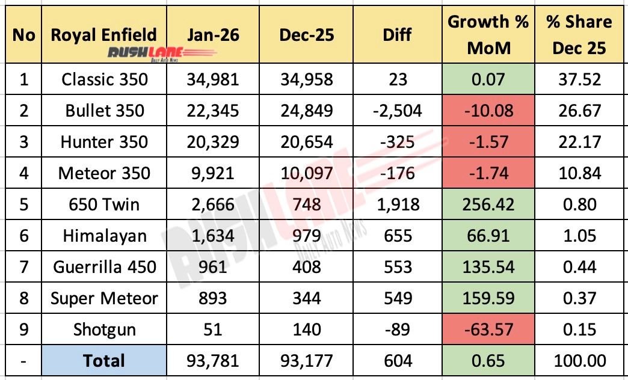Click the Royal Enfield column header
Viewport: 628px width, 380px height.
104,34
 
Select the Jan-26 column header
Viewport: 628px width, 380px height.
204,35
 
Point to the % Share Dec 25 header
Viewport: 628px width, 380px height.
579,34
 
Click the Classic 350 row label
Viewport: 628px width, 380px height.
104,79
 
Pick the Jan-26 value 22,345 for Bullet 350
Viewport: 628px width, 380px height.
204,111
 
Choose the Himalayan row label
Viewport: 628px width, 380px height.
104,236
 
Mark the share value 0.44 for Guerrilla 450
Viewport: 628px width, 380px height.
579,267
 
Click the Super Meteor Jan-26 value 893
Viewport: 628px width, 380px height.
204,298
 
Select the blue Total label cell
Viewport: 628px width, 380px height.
104,361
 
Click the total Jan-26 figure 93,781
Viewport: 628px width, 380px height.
204,361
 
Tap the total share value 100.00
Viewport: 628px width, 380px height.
579,361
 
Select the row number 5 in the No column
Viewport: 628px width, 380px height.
23,204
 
